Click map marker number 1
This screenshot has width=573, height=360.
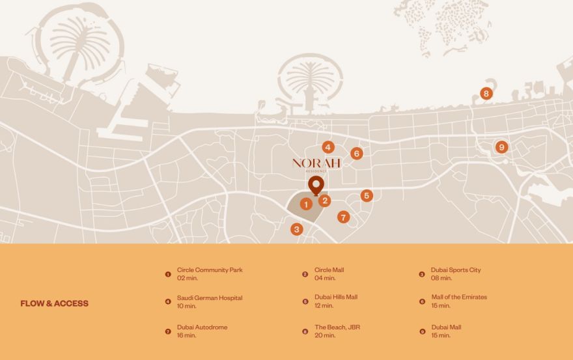click(306, 204)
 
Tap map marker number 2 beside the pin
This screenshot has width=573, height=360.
click(325, 201)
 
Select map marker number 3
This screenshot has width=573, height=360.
click(297, 229)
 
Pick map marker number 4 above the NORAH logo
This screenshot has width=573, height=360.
click(328, 148)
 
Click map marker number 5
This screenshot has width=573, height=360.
click(367, 195)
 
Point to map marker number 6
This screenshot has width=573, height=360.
click(356, 154)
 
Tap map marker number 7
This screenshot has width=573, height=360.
click(343, 217)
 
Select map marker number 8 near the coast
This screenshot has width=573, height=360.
click(486, 94)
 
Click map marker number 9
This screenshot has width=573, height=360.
click(501, 147)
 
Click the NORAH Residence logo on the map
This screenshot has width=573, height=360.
click(316, 163)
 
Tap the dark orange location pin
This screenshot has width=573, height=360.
click(316, 185)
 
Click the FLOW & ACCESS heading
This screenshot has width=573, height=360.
click(54, 303)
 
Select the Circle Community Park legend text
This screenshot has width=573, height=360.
click(210, 270)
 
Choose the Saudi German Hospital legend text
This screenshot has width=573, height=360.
click(210, 298)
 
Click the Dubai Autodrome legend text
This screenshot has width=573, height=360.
click(203, 327)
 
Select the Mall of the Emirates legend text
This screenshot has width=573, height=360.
click(459, 298)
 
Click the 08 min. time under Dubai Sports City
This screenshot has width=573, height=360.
click(441, 278)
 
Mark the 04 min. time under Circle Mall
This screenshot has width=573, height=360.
click(325, 278)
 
